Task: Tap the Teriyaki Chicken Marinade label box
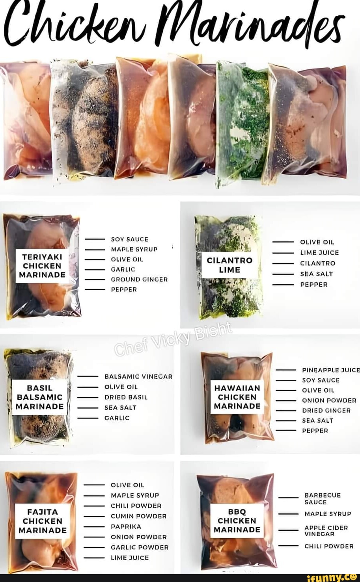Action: click(43, 266)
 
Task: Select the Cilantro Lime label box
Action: click(229, 265)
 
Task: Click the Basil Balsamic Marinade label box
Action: click(40, 397)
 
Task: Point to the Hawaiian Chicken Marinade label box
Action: click(237, 397)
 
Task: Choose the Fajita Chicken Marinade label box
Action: click(43, 521)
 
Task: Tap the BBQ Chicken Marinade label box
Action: click(237, 520)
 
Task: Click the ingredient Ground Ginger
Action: click(139, 279)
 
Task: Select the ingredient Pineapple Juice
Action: click(331, 370)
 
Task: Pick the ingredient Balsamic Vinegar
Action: click(138, 377)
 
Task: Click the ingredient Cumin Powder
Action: click(138, 516)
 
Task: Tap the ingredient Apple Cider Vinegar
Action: click(326, 531)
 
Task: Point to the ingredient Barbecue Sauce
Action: click(322, 498)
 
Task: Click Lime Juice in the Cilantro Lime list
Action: click(319, 252)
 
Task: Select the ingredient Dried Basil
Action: click(126, 397)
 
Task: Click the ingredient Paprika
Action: click(126, 526)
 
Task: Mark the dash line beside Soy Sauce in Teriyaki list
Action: click(95, 239)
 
